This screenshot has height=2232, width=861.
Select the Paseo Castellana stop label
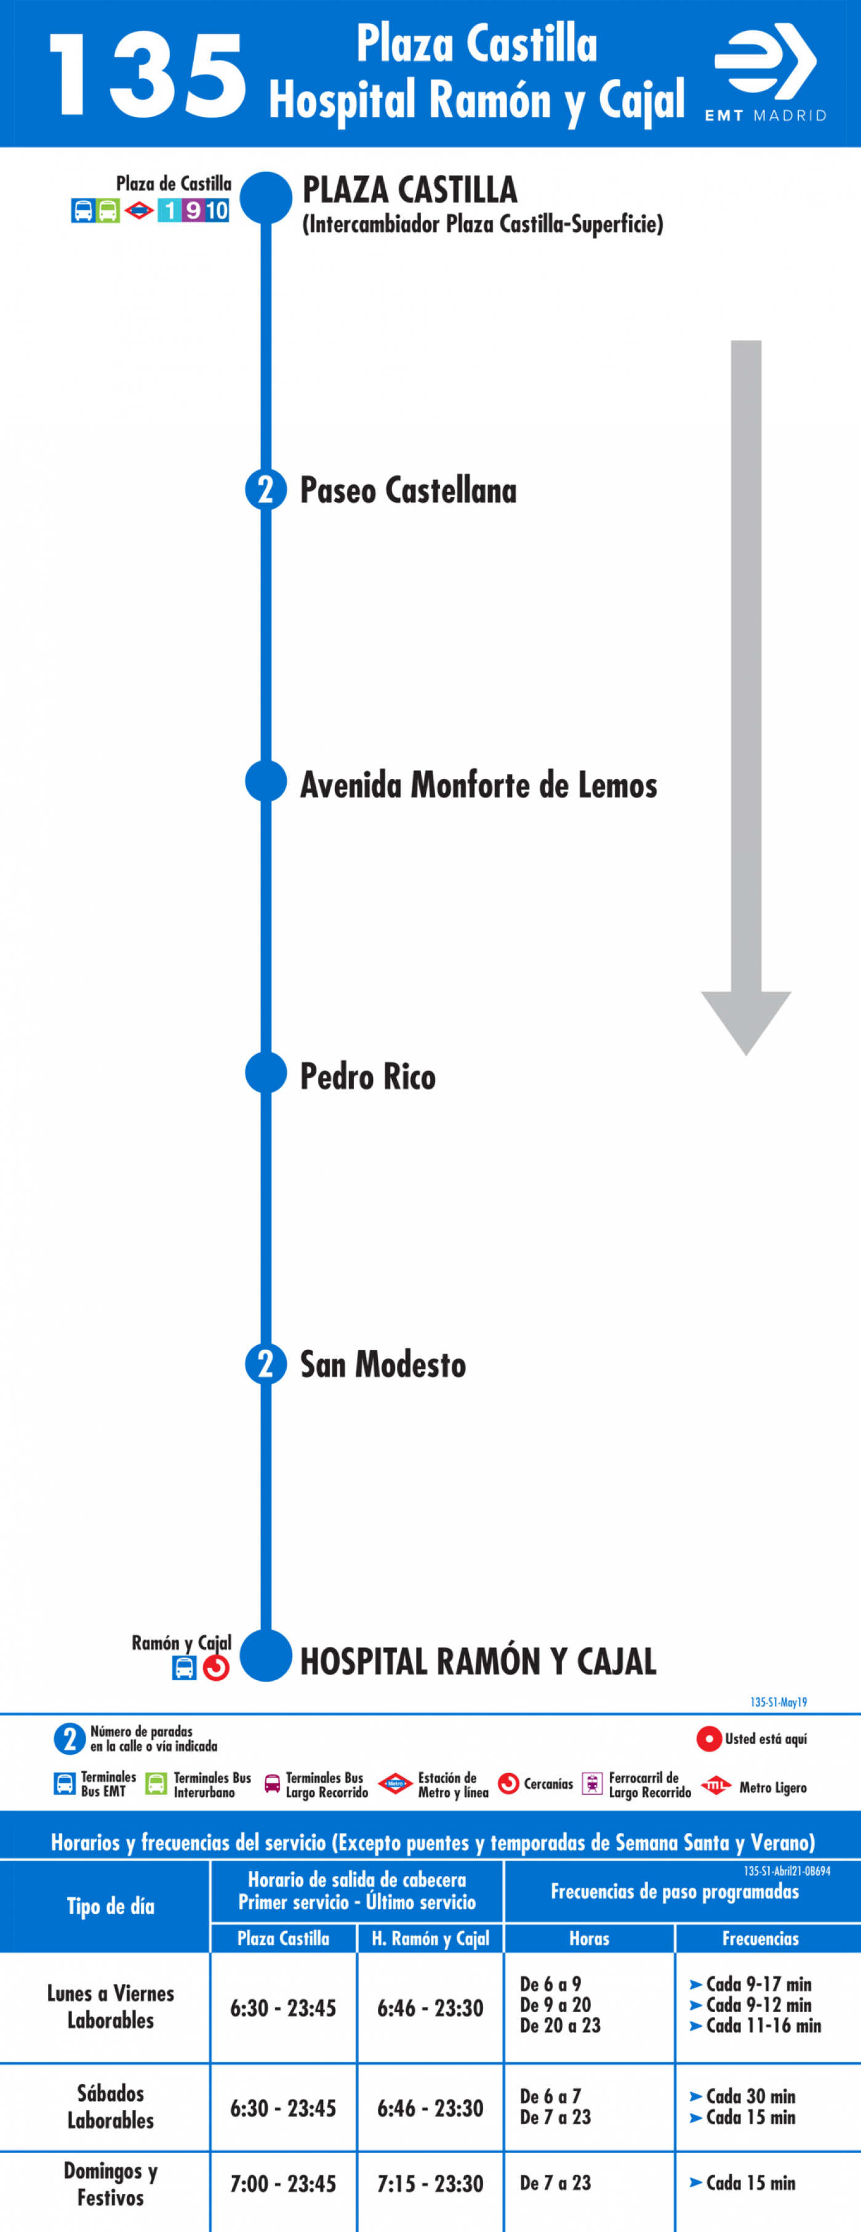pyautogui.click(x=408, y=490)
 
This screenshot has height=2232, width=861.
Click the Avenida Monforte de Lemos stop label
pyautogui.click(x=478, y=785)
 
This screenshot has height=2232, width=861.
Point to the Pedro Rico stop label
pyautogui.click(x=367, y=1076)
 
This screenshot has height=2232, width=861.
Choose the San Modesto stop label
pyautogui.click(x=383, y=1365)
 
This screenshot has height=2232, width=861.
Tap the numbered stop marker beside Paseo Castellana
pyautogui.click(x=266, y=490)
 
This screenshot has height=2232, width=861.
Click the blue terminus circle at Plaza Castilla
pyautogui.click(x=266, y=198)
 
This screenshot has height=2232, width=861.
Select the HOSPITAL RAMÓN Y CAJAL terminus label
pyautogui.click(x=478, y=1661)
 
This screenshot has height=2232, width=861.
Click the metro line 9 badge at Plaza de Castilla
pyautogui.click(x=192, y=211)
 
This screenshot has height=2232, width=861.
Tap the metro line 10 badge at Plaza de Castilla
pyautogui.click(x=217, y=211)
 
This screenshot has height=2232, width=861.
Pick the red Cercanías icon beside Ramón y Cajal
pyautogui.click(x=215, y=1668)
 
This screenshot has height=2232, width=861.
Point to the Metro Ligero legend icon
pyautogui.click(x=716, y=1785)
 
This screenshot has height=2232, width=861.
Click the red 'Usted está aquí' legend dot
pyautogui.click(x=710, y=1739)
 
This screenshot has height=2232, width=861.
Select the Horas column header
pyautogui.click(x=589, y=1938)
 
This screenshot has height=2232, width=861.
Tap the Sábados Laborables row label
pyautogui.click(x=111, y=2106)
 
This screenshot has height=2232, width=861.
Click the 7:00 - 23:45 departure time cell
pyautogui.click(x=282, y=2183)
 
